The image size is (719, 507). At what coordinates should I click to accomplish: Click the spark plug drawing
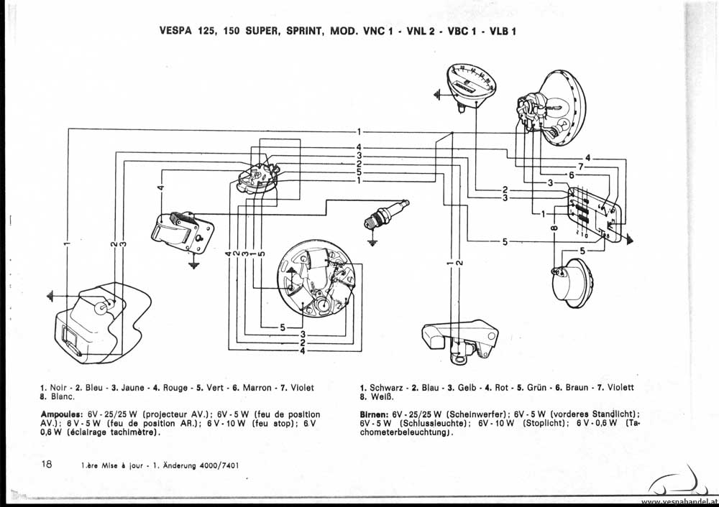pyautogui.click(x=388, y=213)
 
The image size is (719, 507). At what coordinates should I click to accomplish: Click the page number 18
pyautogui.click(x=47, y=465)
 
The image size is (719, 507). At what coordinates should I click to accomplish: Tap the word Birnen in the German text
pyautogui.click(x=374, y=415)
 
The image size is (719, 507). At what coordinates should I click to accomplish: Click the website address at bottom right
pyautogui.click(x=678, y=501)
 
